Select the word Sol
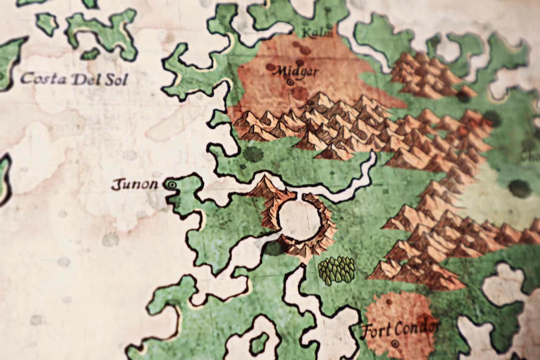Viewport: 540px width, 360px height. pos(117,80)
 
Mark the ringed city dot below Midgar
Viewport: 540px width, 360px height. pos(290,82)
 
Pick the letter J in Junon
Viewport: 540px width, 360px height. pos(115,184)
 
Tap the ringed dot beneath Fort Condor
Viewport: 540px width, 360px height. pos(395,342)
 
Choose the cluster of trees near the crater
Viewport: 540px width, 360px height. pos(336,270)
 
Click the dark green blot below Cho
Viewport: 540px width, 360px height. pos(520,189)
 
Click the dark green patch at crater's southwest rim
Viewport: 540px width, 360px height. pos(274,248)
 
